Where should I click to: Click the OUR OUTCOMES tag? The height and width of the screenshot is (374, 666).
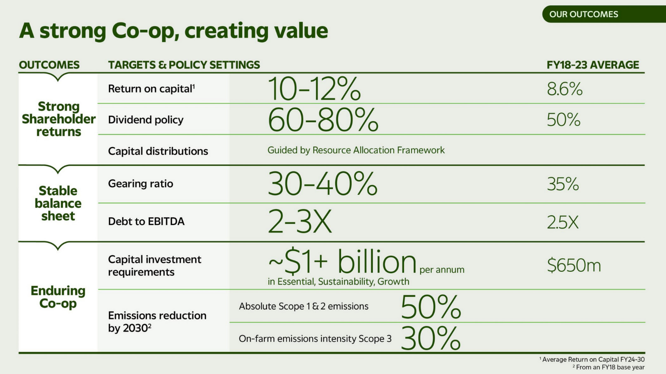tap(583, 14)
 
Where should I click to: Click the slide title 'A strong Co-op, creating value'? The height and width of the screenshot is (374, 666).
tap(173, 31)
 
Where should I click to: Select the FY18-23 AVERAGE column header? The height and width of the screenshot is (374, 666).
tap(592, 65)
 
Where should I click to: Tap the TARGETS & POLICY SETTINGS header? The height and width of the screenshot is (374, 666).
tap(184, 65)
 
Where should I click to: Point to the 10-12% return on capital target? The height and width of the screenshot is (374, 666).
tap(314, 89)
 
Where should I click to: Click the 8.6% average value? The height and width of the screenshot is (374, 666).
tap(564, 89)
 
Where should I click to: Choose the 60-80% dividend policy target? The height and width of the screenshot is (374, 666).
tap(323, 120)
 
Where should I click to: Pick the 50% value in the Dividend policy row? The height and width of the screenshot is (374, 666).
tap(563, 120)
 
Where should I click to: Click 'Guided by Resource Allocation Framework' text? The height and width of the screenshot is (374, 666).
tap(356, 150)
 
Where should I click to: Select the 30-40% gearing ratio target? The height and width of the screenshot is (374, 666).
tap(322, 184)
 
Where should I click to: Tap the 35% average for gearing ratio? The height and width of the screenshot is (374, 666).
tap(563, 184)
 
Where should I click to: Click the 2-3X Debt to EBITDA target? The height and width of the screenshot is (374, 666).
tap(299, 222)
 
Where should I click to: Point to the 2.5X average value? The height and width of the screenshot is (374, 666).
tap(562, 222)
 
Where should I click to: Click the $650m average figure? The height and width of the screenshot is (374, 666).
tap(574, 265)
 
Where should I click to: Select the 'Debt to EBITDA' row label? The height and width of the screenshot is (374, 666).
tap(146, 222)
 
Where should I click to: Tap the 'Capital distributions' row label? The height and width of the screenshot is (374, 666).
tap(158, 151)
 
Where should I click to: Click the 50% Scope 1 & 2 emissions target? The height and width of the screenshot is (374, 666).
tap(431, 307)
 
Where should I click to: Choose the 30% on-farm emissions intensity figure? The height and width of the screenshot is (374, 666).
tap(431, 338)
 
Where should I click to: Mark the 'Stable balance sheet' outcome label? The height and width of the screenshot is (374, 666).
tap(58, 203)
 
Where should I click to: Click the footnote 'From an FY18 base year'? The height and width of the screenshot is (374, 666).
tap(609, 367)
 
